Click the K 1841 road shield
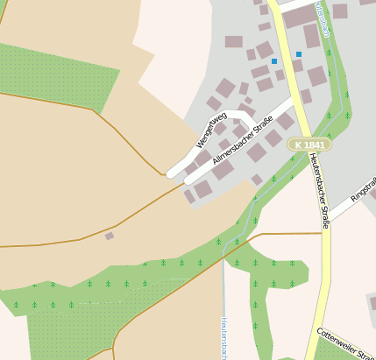point(309,145)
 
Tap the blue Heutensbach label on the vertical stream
point(224,338)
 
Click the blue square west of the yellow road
point(274,61)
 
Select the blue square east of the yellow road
point(299,54)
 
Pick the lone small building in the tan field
point(110,236)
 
